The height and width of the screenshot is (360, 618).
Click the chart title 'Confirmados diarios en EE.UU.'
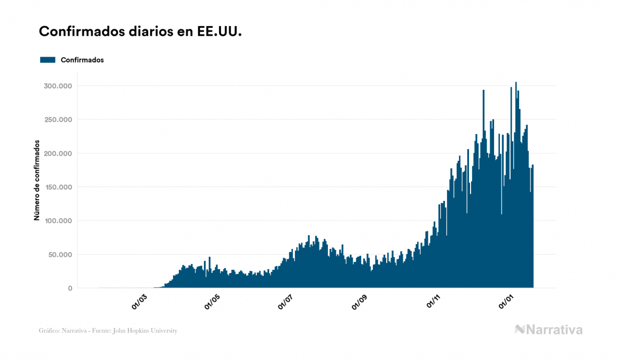140,32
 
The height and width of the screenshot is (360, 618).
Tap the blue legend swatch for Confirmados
48,60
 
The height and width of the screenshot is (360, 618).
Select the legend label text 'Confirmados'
82,60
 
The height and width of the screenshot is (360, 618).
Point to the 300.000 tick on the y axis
57,86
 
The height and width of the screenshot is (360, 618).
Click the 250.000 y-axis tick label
57,120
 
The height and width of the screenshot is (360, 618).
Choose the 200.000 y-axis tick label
57,153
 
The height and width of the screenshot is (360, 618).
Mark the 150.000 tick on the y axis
57,187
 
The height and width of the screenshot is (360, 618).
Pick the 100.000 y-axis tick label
57,221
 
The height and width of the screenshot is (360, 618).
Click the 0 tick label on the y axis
69,288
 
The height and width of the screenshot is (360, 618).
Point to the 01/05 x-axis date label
212,301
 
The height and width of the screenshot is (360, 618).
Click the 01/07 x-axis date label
286,301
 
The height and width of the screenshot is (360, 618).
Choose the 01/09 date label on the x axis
359,301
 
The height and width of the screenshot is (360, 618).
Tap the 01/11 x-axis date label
433,301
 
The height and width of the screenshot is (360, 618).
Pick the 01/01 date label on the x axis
507,301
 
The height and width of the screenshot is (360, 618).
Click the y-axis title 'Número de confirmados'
37,180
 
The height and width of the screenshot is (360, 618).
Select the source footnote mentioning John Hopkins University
108,331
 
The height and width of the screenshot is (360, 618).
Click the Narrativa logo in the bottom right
549,330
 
